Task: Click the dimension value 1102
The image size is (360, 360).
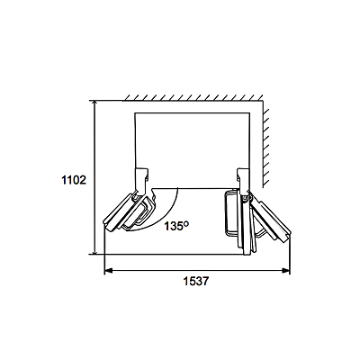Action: click(74, 180)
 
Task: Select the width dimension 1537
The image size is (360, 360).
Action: click(195, 282)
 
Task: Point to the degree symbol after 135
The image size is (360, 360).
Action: click(186, 223)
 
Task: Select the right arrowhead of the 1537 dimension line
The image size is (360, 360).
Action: click(286, 271)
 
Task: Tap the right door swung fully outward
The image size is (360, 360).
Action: click(271, 217)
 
